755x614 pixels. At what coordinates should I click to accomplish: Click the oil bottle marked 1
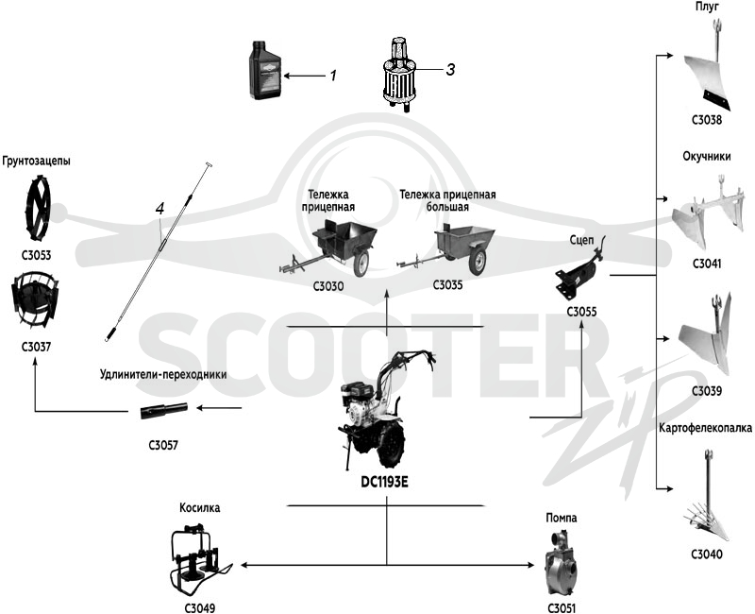(264, 70)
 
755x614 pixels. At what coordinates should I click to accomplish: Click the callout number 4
(159, 208)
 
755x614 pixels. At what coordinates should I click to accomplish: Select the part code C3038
(707, 120)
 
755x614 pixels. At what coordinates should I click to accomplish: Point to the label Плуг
(707, 7)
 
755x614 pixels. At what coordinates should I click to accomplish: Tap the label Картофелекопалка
(706, 428)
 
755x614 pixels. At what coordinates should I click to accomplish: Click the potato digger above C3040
(707, 497)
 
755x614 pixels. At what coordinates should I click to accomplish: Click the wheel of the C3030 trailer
(361, 264)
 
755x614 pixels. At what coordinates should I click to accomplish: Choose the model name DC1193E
(384, 482)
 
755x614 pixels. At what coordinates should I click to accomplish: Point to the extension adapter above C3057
(163, 411)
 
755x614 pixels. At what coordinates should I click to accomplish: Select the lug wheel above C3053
(37, 208)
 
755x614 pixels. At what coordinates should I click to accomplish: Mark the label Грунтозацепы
(36, 161)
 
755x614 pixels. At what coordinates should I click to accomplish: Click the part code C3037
(36, 347)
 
